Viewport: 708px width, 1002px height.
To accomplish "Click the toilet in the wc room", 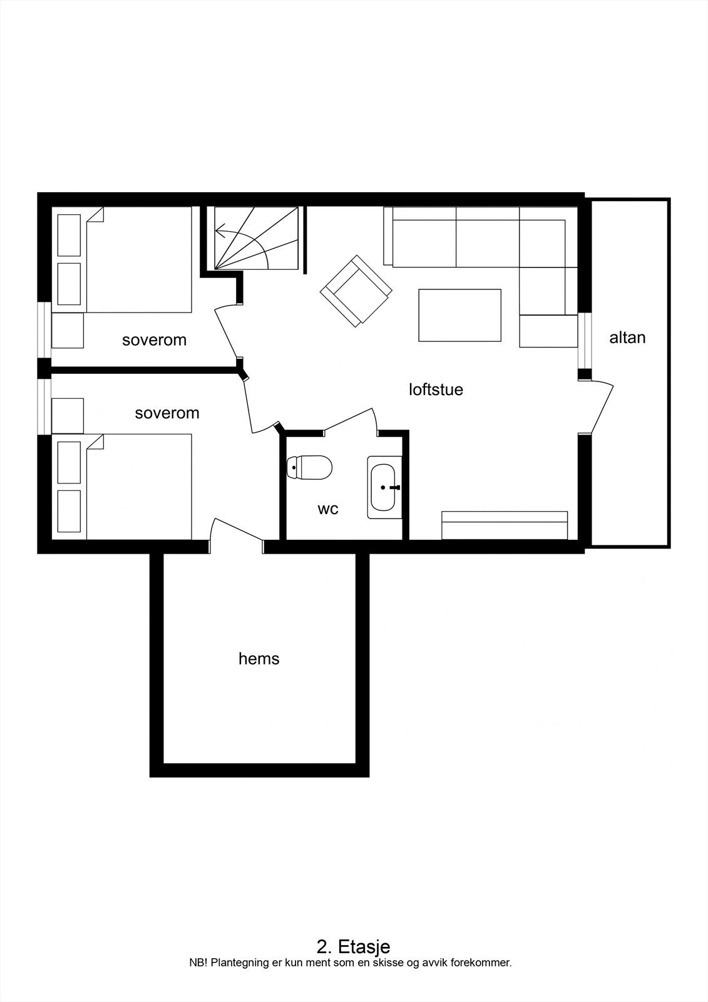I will [309, 467].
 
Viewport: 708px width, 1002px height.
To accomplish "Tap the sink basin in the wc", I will [382, 487].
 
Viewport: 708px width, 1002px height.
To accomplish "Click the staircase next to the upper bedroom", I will [255, 239].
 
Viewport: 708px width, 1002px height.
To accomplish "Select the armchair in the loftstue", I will [356, 291].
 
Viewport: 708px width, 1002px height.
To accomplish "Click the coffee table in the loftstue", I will [459, 315].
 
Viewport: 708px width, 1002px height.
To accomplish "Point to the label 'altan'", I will [627, 338].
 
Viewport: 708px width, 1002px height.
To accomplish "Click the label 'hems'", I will [259, 659].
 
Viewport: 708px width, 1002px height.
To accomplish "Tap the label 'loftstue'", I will [436, 390].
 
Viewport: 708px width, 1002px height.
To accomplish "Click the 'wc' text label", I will [328, 509].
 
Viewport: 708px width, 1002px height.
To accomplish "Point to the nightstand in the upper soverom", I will [68, 331].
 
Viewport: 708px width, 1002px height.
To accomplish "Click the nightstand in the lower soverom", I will [68, 415].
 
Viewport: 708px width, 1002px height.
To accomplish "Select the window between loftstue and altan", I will [584, 340].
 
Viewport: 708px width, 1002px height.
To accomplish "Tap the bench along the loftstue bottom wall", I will [505, 525].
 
